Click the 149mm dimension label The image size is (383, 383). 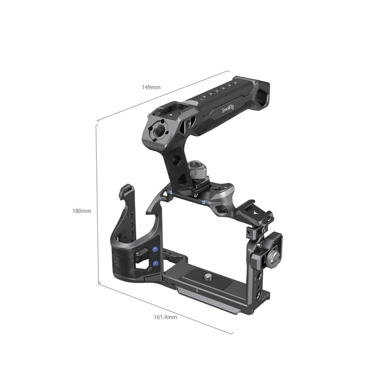coord(152,87)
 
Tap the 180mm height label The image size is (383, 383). coord(82,211)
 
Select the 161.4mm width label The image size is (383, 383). coord(165,317)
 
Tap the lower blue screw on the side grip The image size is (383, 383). coord(155,262)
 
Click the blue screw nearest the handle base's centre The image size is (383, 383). coord(205,202)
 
